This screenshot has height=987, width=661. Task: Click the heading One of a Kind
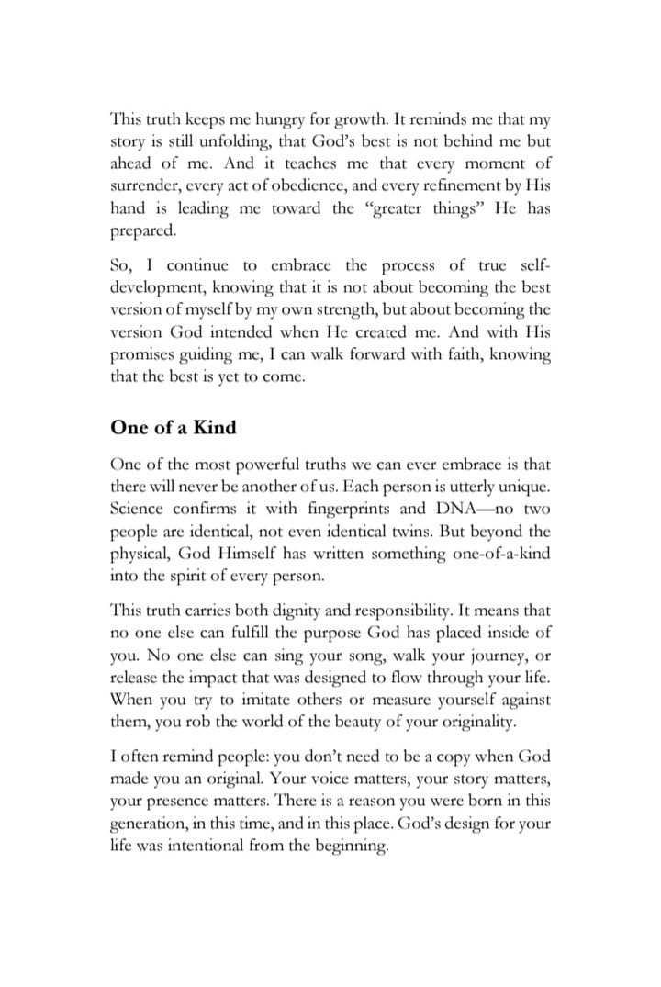[173, 428]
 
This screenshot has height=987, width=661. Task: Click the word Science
[137, 510]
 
